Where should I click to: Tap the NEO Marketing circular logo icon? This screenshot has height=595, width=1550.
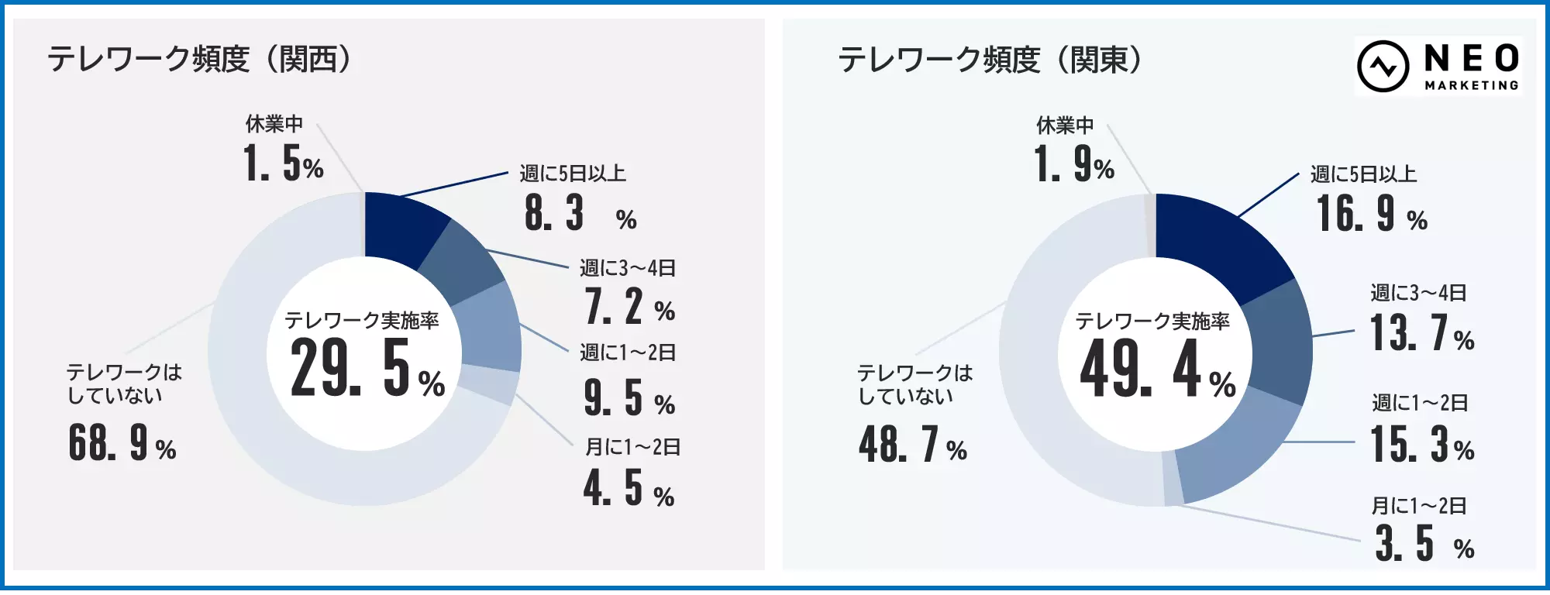click(x=1383, y=67)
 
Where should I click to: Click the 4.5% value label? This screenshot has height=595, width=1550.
click(x=629, y=489)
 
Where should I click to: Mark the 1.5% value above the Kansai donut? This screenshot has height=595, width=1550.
click(x=284, y=164)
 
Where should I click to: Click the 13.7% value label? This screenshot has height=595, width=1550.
click(x=1421, y=334)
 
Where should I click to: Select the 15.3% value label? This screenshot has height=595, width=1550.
click(x=1421, y=445)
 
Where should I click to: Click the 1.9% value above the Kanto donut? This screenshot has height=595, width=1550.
click(x=1074, y=165)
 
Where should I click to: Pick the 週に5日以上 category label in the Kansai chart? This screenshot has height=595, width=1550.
click(x=573, y=174)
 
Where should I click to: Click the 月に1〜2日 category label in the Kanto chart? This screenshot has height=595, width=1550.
click(x=1419, y=506)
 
